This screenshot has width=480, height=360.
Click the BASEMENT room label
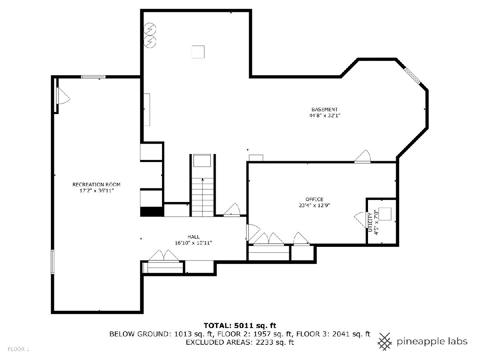point(324,109)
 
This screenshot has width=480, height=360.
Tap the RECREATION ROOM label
point(96,184)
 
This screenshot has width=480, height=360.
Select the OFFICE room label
point(314,199)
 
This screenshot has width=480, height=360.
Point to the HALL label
point(194,237)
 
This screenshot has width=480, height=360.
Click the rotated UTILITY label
point(370,222)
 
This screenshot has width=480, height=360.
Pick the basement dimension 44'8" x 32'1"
point(324,116)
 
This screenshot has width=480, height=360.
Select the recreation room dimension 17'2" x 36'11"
point(96,191)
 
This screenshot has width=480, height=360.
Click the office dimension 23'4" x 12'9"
point(314,205)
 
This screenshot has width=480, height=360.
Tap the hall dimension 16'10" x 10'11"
point(194,243)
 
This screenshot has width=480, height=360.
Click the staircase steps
point(203,197)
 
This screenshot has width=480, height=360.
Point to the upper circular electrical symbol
point(150,29)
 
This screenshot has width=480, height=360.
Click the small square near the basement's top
point(198,52)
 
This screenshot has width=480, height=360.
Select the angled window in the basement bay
point(412,76)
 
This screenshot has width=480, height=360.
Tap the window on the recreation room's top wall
point(93,77)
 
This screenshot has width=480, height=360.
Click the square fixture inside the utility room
point(385,214)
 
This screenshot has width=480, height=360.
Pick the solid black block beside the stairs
point(152,212)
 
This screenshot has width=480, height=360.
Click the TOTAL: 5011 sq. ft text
point(240,326)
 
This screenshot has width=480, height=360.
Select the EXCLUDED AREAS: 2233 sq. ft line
point(240,342)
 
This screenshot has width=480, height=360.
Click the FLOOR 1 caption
point(18,349)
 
